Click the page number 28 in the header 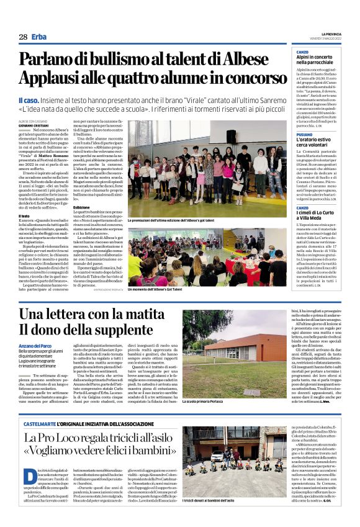click(x=23, y=37)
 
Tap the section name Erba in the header click(x=39, y=37)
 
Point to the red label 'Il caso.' click(x=30, y=99)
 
